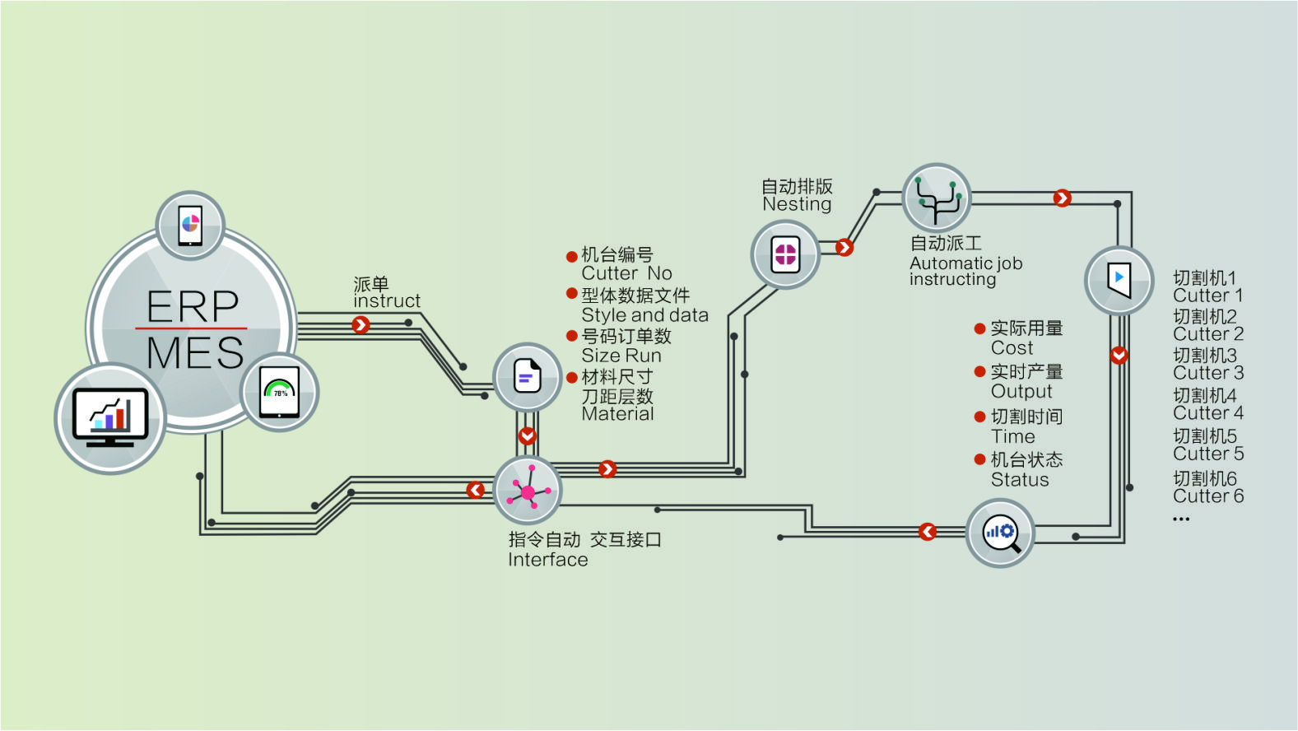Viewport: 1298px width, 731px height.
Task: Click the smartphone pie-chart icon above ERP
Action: click(x=190, y=225)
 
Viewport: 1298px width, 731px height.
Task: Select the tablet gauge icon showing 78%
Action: click(x=280, y=392)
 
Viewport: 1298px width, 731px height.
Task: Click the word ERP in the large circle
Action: click(x=193, y=306)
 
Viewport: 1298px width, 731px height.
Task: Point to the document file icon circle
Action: click(x=528, y=377)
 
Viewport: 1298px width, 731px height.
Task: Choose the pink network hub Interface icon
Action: click(x=528, y=491)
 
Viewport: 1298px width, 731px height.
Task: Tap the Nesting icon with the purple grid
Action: click(x=785, y=254)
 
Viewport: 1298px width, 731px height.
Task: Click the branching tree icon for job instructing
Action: click(x=937, y=198)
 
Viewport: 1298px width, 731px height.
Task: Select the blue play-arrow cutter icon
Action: click(x=1119, y=280)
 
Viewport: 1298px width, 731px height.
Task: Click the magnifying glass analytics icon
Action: click(x=1000, y=533)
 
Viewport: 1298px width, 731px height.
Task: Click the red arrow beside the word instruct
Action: click(x=361, y=325)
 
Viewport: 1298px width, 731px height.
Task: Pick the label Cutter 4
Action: click(x=1207, y=413)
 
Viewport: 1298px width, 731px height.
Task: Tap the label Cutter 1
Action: click(x=1207, y=296)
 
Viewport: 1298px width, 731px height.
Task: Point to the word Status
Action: click(x=1020, y=480)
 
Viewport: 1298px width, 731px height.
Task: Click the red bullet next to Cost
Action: click(x=979, y=329)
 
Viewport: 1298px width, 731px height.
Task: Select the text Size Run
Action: click(x=621, y=356)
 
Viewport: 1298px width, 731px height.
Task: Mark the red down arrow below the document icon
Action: click(x=528, y=435)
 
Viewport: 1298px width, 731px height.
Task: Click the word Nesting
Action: click(x=797, y=204)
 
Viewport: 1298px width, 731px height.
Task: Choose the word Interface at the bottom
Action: click(x=548, y=560)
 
